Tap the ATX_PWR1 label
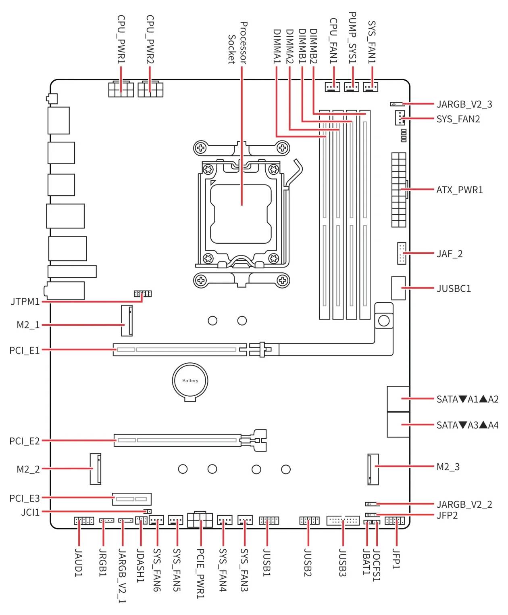pyautogui.click(x=459, y=190)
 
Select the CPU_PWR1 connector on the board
pyautogui.click(x=121, y=89)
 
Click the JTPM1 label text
pyautogui.click(x=25, y=301)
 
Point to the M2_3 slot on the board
pyautogui.click(x=373, y=469)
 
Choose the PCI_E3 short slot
pyautogui.click(x=132, y=499)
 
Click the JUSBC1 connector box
pyautogui.click(x=398, y=288)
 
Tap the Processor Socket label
pyautogui.click(x=237, y=43)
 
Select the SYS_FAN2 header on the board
pyautogui.click(x=399, y=118)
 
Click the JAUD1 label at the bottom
pyautogui.click(x=79, y=563)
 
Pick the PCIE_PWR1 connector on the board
pyautogui.click(x=200, y=519)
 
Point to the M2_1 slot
pyautogui.click(x=127, y=321)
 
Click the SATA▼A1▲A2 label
pyautogui.click(x=467, y=399)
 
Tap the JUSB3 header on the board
pyautogui.click(x=343, y=520)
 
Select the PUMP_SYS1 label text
pyautogui.click(x=353, y=38)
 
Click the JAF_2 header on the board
pyautogui.click(x=401, y=253)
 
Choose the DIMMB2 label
pyautogui.click(x=314, y=46)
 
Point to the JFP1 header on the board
pyautogui.click(x=395, y=521)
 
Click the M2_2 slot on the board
pyautogui.click(x=95, y=469)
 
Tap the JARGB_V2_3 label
pyautogui.click(x=464, y=104)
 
